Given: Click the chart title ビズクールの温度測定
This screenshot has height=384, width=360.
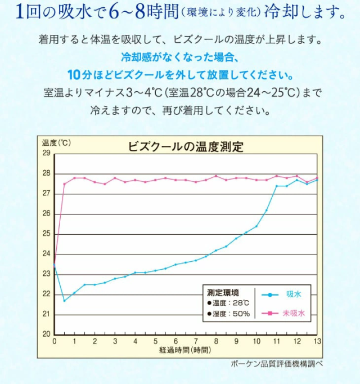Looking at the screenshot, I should pyautogui.click(x=186, y=147).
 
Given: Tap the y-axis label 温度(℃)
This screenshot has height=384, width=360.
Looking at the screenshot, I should pyautogui.click(x=56, y=142).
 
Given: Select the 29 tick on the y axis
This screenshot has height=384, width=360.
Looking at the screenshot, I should pyautogui.click(x=47, y=154).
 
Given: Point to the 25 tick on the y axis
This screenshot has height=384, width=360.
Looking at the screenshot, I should pyautogui.click(x=47, y=234).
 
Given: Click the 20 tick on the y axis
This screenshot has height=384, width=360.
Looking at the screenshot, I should pyautogui.click(x=47, y=334).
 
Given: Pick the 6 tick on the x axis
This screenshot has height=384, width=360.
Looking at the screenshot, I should pyautogui.click(x=175, y=341).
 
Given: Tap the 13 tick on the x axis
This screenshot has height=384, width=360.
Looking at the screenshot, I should pyautogui.click(x=317, y=341).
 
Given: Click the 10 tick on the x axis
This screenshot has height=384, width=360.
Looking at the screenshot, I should pyautogui.click(x=256, y=341).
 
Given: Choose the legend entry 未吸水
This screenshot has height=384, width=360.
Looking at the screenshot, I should pyautogui.click(x=293, y=313).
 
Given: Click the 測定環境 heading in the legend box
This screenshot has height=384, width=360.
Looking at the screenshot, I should pyautogui.click(x=223, y=293).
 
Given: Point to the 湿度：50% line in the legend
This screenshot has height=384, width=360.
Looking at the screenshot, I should pyautogui.click(x=228, y=314).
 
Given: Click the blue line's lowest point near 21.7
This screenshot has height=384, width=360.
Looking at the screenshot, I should pyautogui.click(x=65, y=300).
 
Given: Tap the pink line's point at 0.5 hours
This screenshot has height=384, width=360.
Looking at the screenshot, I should pyautogui.click(x=65, y=184).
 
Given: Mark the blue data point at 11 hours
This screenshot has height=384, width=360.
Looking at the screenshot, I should pyautogui.click(x=277, y=186).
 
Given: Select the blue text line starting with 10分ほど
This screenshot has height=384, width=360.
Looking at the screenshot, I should pyautogui.click(x=180, y=75).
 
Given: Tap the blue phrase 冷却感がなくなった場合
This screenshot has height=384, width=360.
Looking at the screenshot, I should pyautogui.click(x=180, y=57).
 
